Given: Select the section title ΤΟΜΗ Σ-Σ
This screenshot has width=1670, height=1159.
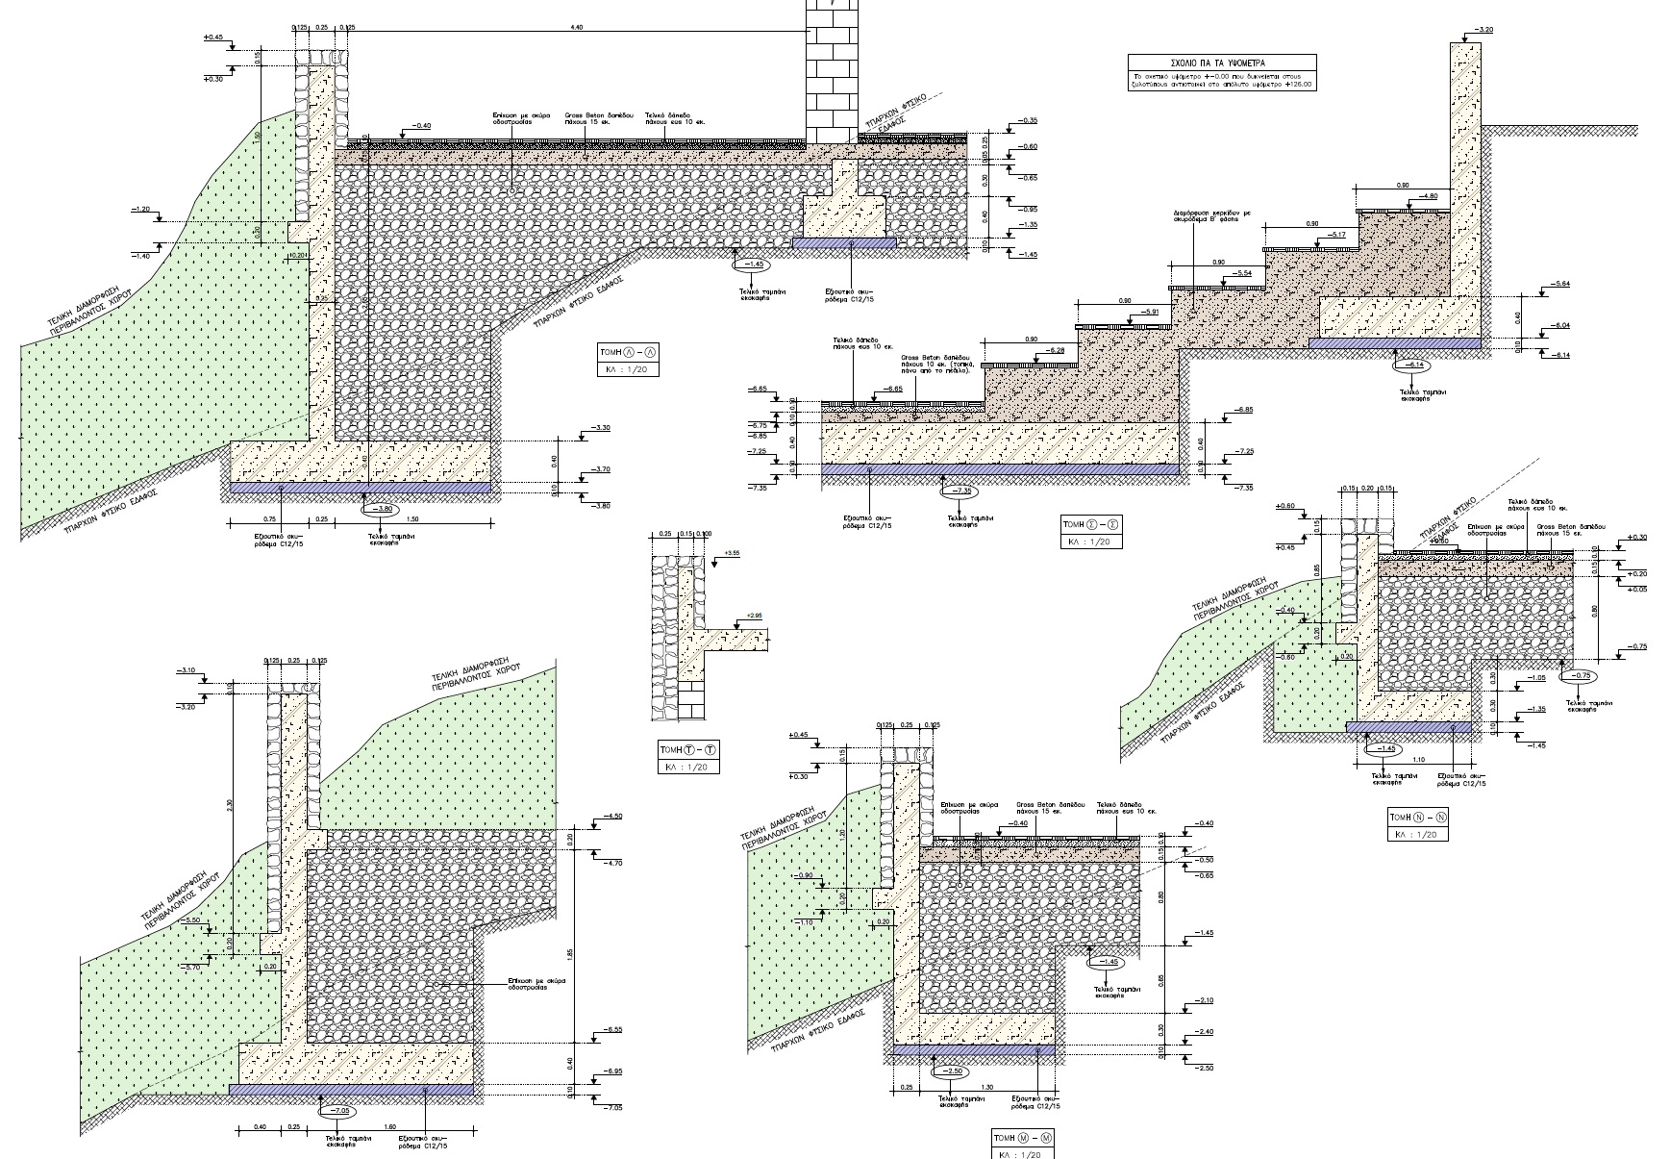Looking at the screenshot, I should point(1089,524).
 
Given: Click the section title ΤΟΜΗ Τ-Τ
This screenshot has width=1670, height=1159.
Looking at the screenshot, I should point(686,749).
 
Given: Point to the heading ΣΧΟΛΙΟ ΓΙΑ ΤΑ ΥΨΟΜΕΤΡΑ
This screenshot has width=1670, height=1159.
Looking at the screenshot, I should point(1222,62).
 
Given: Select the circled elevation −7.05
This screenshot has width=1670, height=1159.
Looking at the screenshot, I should point(338,1110).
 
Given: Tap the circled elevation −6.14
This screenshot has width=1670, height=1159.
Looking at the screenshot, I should point(1413,365).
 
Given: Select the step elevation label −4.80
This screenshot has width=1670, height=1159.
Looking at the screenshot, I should point(1429,196).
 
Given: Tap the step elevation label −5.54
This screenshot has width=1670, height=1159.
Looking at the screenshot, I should point(1244,273).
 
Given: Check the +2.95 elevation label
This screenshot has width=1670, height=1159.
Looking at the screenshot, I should point(754,615).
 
